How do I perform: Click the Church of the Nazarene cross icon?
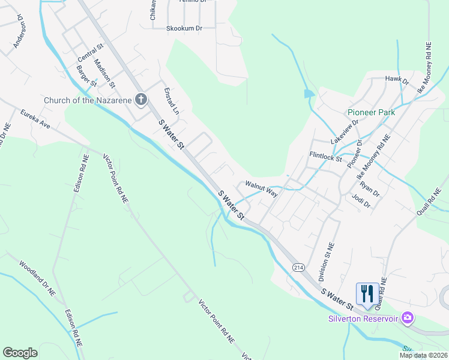click(x=141, y=100)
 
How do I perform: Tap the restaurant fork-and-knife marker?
click(x=367, y=293)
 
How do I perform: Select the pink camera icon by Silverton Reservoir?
click(x=408, y=317)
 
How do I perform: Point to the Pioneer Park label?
click(x=372, y=112)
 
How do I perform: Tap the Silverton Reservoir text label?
click(x=363, y=319)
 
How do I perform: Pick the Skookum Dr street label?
click(x=184, y=28)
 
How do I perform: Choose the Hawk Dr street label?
click(x=397, y=80)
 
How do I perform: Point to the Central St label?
click(x=91, y=53)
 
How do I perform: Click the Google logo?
click(x=20, y=353)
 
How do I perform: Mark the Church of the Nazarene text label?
click(x=88, y=100)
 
